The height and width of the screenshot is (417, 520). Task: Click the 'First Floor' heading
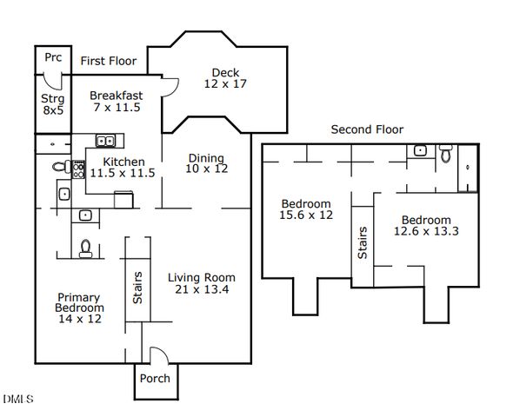[x=109, y=61]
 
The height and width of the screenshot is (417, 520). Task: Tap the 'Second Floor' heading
[x=367, y=129]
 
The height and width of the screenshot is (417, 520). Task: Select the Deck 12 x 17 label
[x=225, y=78]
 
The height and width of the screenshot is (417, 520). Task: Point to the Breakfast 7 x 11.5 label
[x=117, y=102]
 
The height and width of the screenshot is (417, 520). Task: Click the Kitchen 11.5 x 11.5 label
[x=123, y=168]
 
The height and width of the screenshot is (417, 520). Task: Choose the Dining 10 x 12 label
[x=207, y=163]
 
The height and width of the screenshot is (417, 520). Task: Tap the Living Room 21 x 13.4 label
[x=202, y=283]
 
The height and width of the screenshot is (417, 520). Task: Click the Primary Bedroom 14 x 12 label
[x=80, y=308]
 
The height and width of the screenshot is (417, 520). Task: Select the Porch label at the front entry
[x=155, y=378]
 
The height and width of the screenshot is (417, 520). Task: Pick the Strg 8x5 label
[x=53, y=104]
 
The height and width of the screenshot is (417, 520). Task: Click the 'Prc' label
[x=53, y=57]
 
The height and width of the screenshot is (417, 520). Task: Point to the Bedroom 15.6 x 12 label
[x=306, y=209]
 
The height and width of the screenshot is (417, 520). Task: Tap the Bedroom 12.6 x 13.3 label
[x=426, y=226]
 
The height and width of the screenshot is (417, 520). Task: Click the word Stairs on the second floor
[x=363, y=242]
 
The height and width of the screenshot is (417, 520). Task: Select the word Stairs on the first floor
[x=137, y=288]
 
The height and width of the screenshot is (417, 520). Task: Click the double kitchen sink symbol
[x=105, y=141]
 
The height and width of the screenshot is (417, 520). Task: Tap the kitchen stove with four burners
[x=78, y=169]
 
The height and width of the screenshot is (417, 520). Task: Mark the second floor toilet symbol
[x=446, y=154]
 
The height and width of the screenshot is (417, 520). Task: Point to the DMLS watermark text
[x=18, y=399]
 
